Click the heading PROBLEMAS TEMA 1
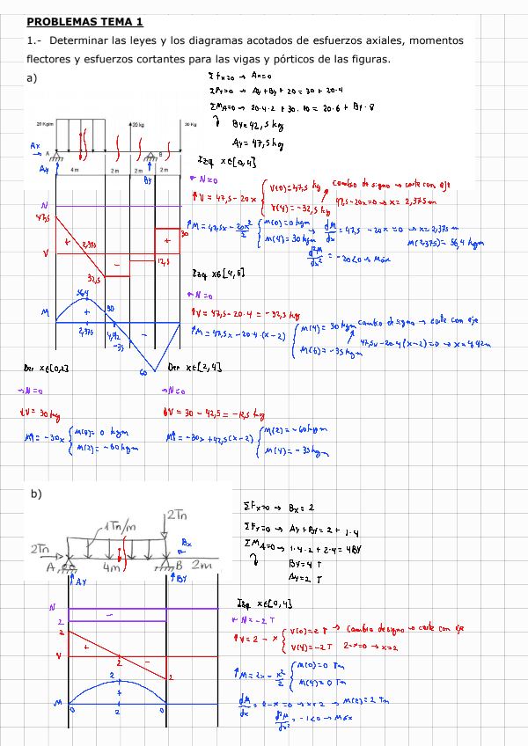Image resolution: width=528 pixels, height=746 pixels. pos(84,21)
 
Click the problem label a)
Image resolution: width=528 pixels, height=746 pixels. pos(33,78)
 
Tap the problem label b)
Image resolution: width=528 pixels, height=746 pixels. pos(36,494)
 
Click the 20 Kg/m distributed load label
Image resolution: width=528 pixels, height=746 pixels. pos(45,124)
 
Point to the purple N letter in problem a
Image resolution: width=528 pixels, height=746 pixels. pos(33,205)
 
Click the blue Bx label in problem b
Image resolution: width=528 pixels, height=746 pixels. pos(187,544)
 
